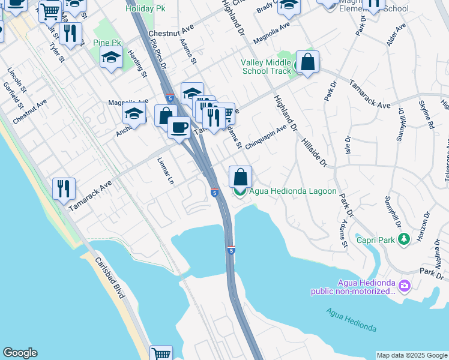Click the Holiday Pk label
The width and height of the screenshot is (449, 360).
coord(145,9)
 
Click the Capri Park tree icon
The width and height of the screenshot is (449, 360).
coord(405,239)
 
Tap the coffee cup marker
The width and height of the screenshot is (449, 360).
coord(179,127)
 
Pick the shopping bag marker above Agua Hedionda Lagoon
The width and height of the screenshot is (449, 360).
coord(240,177)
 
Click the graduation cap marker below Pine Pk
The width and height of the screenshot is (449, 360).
coord(112,58)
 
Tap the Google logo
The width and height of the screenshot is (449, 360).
coord(20,353)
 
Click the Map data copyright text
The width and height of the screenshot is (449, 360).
coord(411,355)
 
